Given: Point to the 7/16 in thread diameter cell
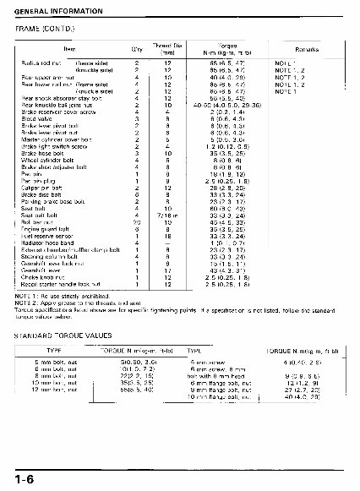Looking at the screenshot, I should click(169, 214).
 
